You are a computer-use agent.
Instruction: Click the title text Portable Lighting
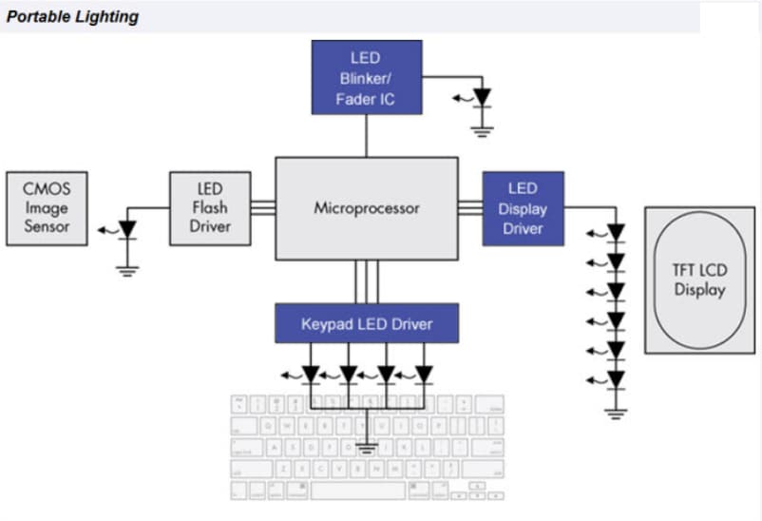click(73, 16)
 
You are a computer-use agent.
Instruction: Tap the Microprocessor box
click(366, 208)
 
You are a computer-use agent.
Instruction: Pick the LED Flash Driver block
click(210, 208)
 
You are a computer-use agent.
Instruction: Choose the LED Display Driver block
click(523, 208)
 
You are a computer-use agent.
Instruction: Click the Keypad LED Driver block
click(366, 324)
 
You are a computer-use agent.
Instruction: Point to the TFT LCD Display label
click(699, 280)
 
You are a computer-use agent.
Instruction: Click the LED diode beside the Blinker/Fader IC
click(483, 97)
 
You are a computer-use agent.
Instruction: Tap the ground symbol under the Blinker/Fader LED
click(483, 128)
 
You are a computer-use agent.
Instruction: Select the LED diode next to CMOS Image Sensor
click(126, 229)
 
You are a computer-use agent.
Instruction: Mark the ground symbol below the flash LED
click(126, 268)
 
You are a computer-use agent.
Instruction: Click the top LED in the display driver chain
click(617, 231)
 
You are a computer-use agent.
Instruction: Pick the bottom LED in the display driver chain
click(617, 379)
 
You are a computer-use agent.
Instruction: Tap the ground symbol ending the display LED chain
click(617, 413)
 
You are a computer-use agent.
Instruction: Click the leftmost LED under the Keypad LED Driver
click(311, 374)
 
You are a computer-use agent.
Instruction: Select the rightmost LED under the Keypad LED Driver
click(424, 374)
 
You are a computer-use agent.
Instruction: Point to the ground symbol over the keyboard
click(367, 445)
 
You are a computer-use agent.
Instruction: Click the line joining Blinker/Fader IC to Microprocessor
click(366, 136)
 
